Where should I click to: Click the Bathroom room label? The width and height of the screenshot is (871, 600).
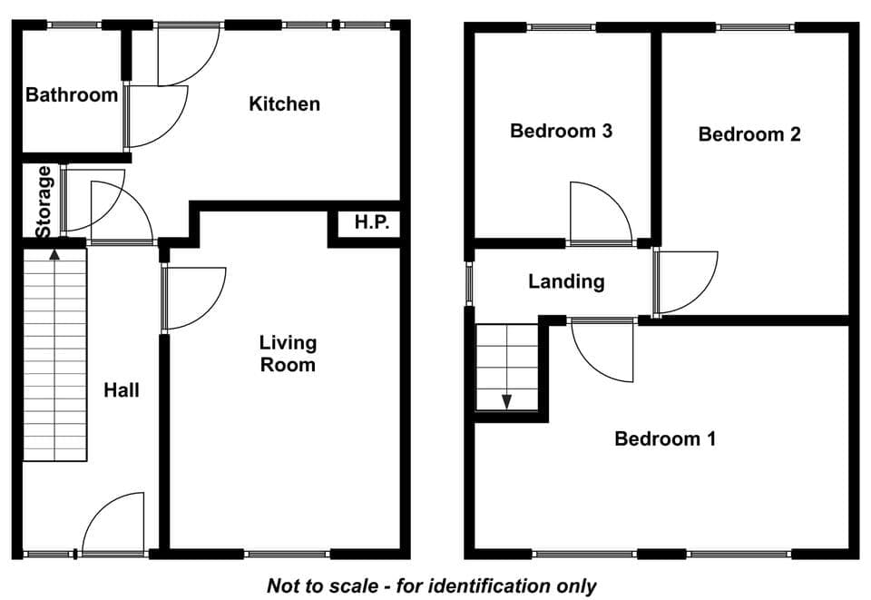point(72,95)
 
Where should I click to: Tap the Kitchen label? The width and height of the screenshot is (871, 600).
point(284,103)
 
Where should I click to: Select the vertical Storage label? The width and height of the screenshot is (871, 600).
point(44,202)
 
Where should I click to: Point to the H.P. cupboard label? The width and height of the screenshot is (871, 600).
point(372,222)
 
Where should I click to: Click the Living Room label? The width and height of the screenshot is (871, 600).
point(288,353)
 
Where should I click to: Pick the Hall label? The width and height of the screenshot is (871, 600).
point(121,390)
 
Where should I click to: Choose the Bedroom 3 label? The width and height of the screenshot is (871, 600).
point(561,131)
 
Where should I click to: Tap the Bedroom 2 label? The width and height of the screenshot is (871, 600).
point(749,134)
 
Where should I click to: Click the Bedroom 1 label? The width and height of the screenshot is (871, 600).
point(665,439)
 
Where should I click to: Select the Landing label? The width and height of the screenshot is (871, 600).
point(566,281)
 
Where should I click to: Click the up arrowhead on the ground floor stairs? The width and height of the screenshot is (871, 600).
point(54,254)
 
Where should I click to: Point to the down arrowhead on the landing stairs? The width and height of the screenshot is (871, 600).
point(506,402)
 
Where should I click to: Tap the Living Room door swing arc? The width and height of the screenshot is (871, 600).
point(209,311)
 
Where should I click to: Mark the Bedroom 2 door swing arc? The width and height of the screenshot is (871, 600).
point(700,294)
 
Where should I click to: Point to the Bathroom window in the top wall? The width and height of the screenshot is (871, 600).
point(73,25)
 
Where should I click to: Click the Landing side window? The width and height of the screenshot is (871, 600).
point(469,283)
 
